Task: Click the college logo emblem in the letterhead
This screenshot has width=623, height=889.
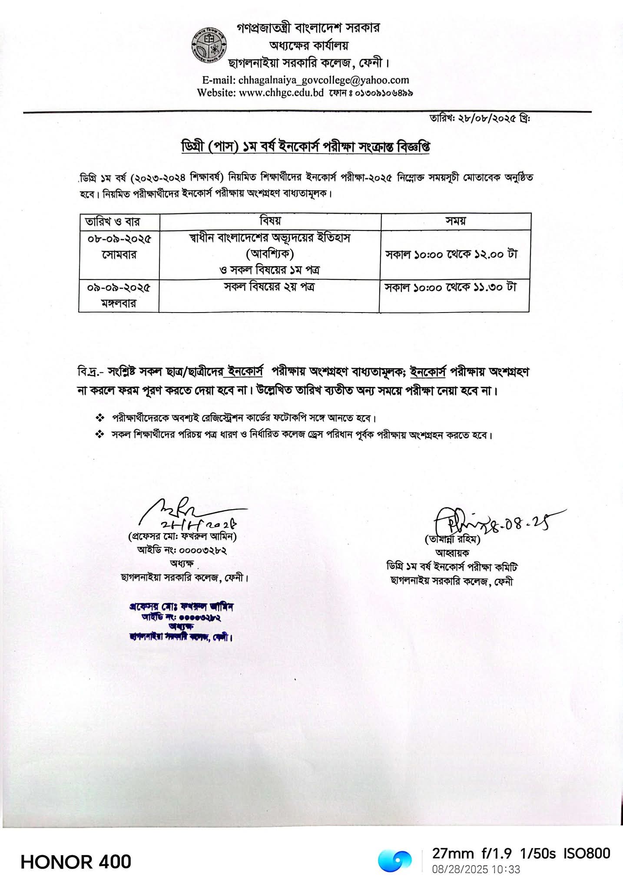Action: [208, 47]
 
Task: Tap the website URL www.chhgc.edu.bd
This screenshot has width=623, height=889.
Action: [281, 92]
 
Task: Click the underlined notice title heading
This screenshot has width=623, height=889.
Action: [305, 147]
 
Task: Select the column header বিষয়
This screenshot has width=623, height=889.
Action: [270, 221]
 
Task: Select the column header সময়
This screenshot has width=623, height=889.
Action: [455, 221]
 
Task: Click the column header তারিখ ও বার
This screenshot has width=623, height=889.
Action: [113, 222]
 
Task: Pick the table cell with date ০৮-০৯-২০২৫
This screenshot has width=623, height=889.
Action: [119, 247]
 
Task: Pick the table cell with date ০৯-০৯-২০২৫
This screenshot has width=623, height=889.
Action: [119, 295]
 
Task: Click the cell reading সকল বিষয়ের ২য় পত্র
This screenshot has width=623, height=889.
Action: [269, 287]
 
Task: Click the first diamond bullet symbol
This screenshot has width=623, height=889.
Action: [100, 418]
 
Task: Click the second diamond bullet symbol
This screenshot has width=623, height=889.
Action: [100, 434]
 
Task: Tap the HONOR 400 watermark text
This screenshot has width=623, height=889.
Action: [76, 862]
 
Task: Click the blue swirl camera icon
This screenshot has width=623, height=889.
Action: [394, 861]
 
